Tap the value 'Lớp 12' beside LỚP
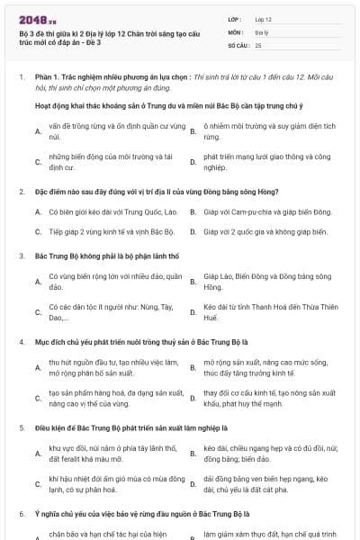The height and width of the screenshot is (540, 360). click(263, 18)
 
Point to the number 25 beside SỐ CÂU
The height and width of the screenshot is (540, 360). click(258, 44)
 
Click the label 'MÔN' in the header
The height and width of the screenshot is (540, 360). click(234, 31)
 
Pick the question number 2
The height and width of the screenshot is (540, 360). click(21, 192)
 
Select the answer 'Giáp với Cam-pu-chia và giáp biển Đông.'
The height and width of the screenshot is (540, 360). click(267, 211)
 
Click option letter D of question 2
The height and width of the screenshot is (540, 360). click(192, 231)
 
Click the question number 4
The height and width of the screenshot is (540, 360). click(21, 343)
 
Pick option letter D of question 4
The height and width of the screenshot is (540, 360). click(192, 399)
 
